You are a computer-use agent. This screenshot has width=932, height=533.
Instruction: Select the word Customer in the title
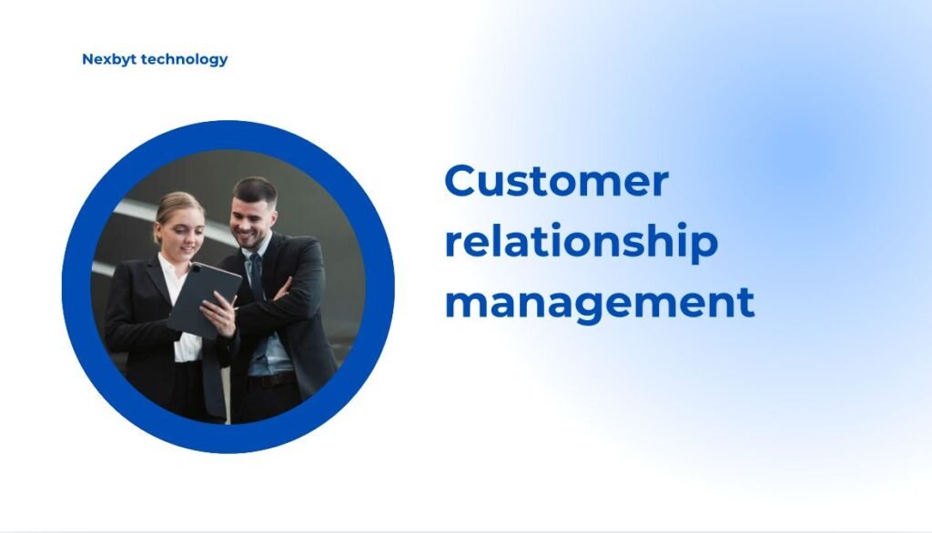pyautogui.click(x=556, y=181)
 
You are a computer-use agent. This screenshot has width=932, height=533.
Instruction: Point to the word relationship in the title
pyautogui.click(x=582, y=242)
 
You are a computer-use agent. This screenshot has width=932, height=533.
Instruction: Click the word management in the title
pyautogui.click(x=599, y=304)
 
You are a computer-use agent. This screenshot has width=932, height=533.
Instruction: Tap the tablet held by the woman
pyautogui.click(x=203, y=300)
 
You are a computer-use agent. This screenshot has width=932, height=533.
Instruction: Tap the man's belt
pyautogui.click(x=271, y=380)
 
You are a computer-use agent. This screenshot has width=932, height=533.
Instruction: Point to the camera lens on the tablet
pyautogui.click(x=196, y=268)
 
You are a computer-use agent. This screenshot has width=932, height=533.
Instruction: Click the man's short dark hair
pyautogui.click(x=256, y=189)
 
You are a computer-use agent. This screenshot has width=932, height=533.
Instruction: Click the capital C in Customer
pyautogui.click(x=462, y=181)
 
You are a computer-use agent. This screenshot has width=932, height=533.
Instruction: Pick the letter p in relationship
pyautogui.click(x=704, y=247)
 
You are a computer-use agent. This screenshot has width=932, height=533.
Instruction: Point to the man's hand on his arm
pyautogui.click(x=281, y=290)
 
